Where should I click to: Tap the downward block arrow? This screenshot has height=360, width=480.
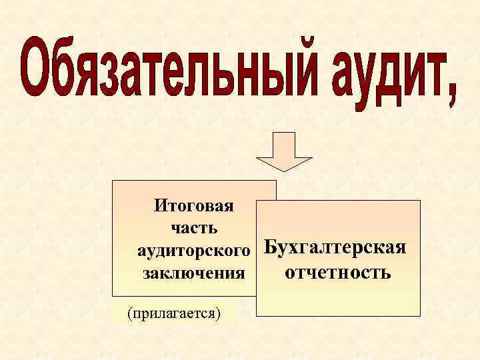(285, 150)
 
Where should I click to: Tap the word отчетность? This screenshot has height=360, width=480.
(337, 273)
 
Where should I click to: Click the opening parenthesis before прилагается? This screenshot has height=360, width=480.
(128, 313)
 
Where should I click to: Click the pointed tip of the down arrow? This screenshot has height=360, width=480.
(285, 170)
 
